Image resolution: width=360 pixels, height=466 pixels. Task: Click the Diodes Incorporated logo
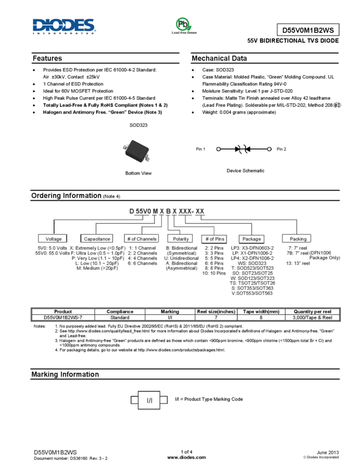point(64,26)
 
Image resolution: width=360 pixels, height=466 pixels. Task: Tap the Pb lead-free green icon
point(184,26)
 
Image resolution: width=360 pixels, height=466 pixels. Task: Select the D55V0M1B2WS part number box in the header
point(308,30)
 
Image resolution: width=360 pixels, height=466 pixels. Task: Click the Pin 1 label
point(201,149)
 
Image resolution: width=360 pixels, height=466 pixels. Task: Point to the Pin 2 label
point(282,149)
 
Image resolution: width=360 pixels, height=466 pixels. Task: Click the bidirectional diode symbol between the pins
point(242,149)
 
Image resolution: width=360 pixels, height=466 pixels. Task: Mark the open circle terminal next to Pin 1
point(219,149)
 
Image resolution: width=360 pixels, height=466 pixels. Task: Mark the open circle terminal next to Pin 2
point(269,149)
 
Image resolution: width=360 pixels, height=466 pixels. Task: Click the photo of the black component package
point(136,150)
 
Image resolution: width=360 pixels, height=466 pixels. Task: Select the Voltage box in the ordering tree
point(53,238)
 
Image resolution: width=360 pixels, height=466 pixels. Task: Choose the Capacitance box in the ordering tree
point(96,238)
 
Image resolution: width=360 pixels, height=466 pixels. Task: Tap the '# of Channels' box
point(141,238)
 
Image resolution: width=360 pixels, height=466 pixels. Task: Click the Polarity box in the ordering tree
point(180,238)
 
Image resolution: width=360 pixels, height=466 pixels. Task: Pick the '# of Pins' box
point(214,239)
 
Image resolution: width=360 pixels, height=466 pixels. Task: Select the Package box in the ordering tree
point(252,239)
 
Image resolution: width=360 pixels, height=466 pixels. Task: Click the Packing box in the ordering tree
point(296,238)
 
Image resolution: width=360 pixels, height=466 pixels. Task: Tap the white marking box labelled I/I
point(149,400)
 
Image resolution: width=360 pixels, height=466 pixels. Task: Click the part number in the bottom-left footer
point(55,452)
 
